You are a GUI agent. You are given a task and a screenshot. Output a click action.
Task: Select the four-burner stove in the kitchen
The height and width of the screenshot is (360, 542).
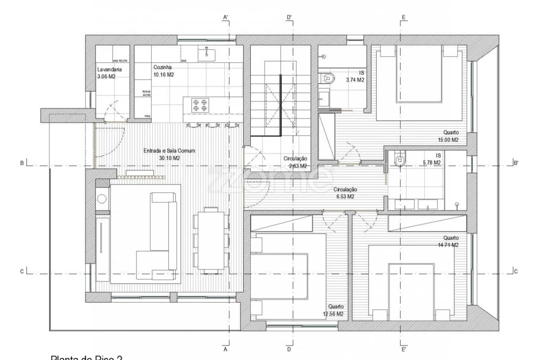(x=200, y=104)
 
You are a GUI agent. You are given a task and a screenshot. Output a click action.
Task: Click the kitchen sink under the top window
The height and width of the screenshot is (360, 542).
(x=206, y=53)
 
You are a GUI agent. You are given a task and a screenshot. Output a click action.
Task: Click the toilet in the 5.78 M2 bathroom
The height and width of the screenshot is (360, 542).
(x=399, y=159)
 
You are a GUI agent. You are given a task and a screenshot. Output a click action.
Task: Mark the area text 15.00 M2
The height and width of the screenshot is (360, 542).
(x=448, y=140)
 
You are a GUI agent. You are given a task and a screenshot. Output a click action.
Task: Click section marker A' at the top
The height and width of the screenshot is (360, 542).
(x=226, y=18)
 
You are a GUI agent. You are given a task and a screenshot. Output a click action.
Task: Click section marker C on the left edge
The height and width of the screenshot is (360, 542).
(x=21, y=271)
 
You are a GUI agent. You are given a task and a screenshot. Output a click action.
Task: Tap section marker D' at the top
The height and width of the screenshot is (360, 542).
(x=289, y=18)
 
